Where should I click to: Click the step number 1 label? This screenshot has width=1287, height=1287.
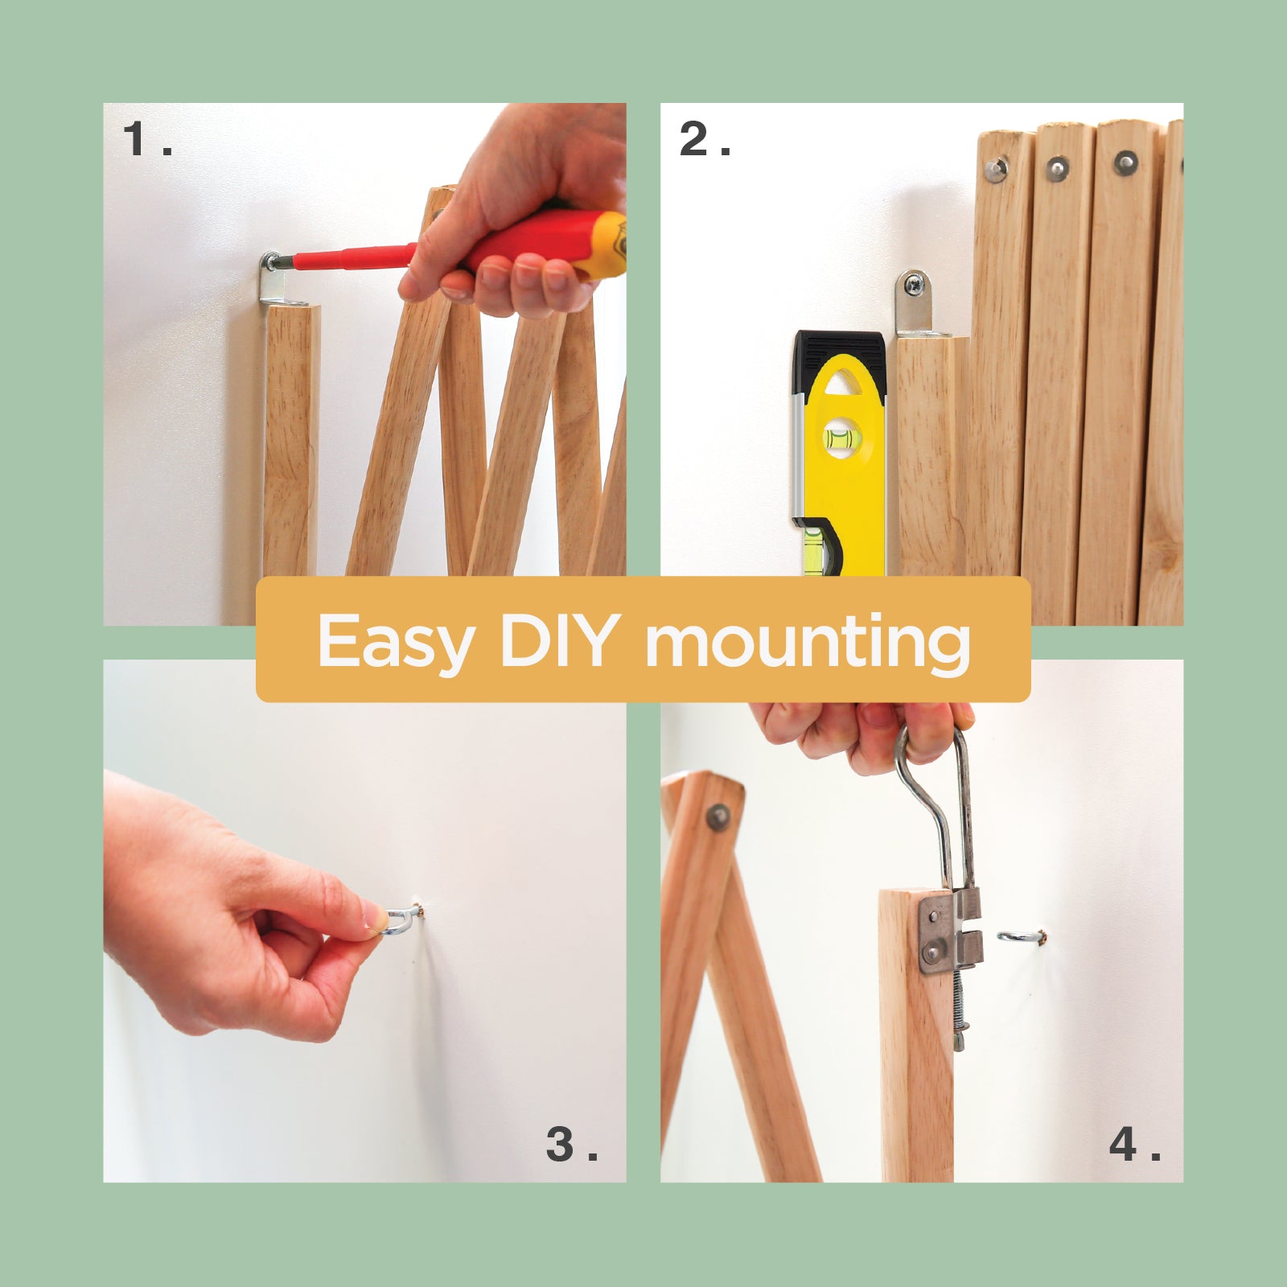147,139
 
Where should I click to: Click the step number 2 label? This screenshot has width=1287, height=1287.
705,139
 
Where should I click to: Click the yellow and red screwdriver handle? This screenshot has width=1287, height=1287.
539,245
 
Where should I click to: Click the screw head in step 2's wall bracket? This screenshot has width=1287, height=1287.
914,284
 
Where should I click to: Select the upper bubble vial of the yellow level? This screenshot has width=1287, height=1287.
841,438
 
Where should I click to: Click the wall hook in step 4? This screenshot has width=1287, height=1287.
1021,935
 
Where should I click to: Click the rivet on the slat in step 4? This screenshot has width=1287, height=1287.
718,817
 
